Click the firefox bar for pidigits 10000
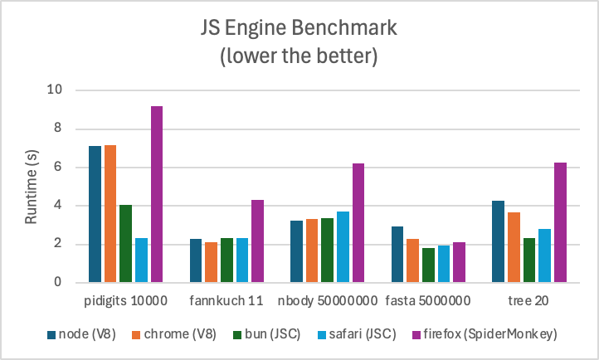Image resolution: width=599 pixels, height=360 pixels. tap(157, 194)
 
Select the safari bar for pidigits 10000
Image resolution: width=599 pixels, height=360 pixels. tap(141, 260)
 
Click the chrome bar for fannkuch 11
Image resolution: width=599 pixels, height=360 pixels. tap(212, 262)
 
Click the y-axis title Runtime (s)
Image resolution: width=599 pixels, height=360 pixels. tap(32, 186)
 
